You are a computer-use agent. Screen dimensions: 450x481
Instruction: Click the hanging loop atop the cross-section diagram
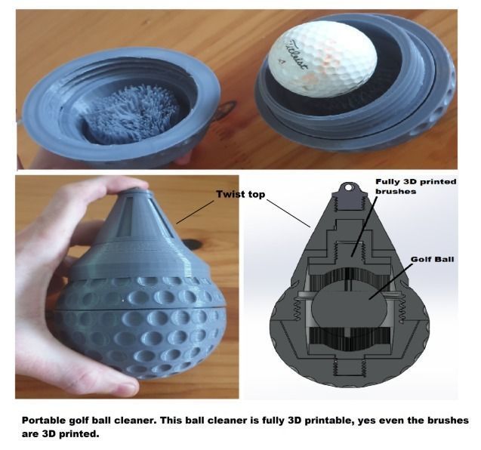(x=347, y=186)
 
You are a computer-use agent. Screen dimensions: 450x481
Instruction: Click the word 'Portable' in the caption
(x=45, y=420)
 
